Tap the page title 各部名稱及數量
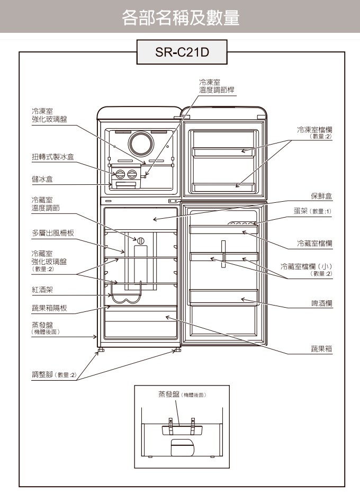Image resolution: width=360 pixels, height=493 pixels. pos(180,19)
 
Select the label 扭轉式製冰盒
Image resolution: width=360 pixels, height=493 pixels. pos(53,157)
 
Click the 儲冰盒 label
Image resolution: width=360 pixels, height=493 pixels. pos(42,180)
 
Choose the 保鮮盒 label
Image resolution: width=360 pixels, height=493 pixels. pos(321,196)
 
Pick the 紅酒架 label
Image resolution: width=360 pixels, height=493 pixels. pos(42,290)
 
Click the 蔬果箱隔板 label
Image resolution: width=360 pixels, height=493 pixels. pos(49,308)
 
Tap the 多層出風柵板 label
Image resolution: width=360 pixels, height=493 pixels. pos(53,233)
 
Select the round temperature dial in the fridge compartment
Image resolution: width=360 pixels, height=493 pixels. pos(141,241)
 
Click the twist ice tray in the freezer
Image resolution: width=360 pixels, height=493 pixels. pos(126,174)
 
